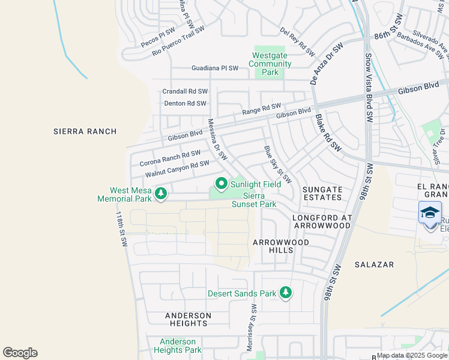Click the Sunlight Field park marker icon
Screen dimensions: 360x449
click(221, 184)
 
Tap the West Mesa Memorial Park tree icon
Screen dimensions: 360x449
click(160, 193)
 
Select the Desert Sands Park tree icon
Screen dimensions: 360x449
click(286, 293)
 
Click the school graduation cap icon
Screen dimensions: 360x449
click(430, 212)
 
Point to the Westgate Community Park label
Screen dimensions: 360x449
click(265, 64)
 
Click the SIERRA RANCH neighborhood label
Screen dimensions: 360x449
click(85, 131)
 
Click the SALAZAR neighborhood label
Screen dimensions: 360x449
click(373, 264)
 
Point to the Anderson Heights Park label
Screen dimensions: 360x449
click(178, 346)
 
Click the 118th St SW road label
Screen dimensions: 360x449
click(122, 229)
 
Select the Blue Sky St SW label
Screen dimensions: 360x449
click(277, 164)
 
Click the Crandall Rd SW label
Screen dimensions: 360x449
click(185, 91)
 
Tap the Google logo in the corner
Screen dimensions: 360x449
click(20, 353)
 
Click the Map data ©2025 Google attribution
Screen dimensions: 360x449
click(412, 355)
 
